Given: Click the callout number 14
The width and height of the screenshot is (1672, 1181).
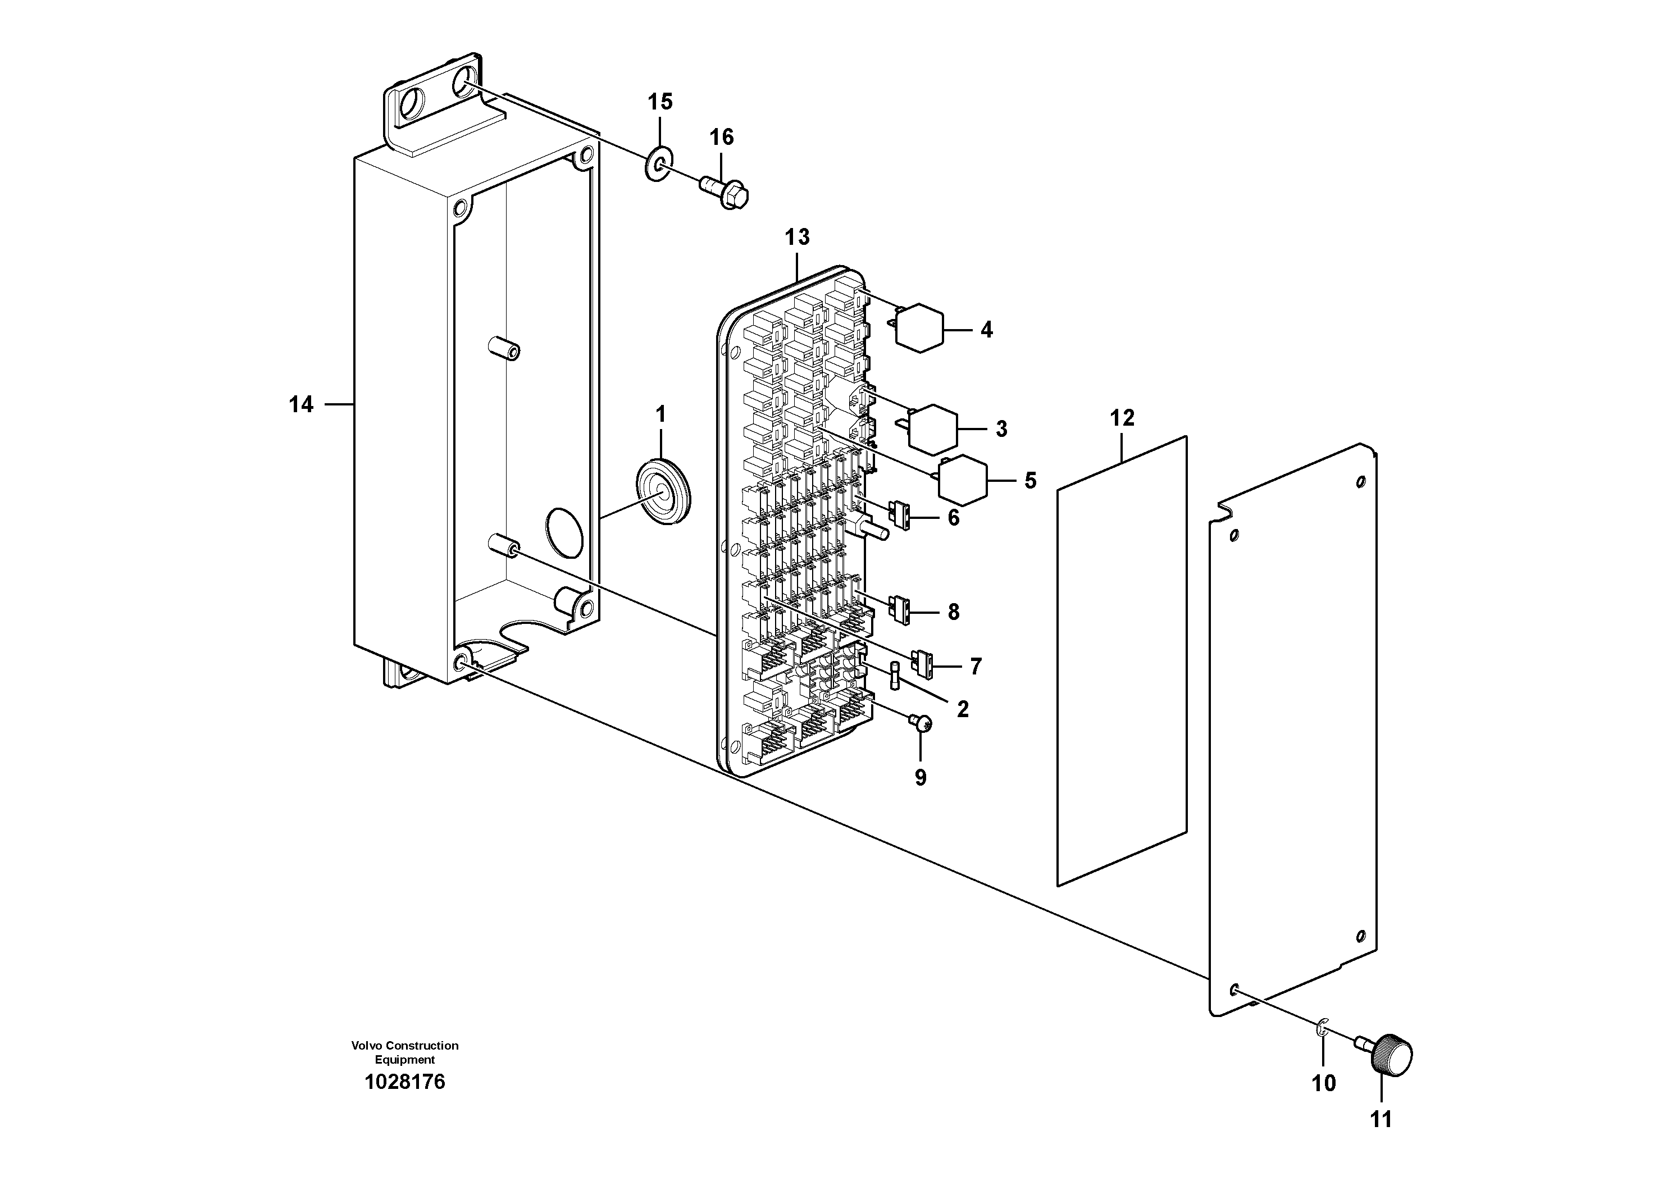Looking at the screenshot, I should [x=300, y=404].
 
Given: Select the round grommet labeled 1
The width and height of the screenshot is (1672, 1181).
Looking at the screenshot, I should [x=662, y=490].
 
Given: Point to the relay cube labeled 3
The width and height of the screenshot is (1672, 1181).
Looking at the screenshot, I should [x=935, y=427].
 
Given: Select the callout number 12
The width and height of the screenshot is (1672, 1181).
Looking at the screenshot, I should [x=1122, y=418].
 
